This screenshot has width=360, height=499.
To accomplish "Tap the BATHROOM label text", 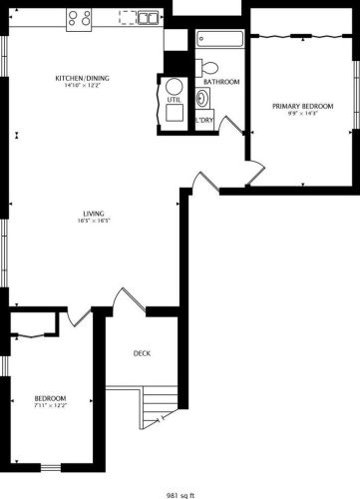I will point(221,82).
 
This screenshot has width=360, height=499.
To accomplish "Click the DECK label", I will point(142,353).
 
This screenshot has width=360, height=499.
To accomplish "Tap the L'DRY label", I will point(204,121).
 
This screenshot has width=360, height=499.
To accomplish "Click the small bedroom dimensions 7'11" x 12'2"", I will point(50,404).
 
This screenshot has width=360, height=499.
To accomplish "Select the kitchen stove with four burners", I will point(80,18).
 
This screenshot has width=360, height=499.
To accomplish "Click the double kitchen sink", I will point(147,18).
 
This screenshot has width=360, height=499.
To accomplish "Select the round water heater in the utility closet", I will point(174,87).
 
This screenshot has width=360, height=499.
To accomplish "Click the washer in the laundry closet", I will point(203,99).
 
